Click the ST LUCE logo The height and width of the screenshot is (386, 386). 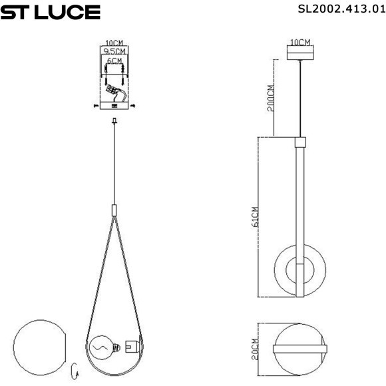click(51, 13)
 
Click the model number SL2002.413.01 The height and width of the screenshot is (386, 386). click(341, 9)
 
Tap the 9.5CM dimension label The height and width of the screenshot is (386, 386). click(114, 50)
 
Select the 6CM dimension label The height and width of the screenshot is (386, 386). click(114, 61)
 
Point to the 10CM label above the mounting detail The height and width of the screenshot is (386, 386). click(114, 41)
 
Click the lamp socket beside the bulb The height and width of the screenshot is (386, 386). click(130, 347)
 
